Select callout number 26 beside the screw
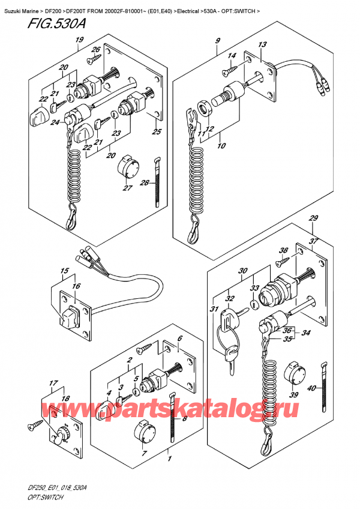(x=95, y=50)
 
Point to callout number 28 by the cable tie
(x=144, y=183)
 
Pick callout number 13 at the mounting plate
(x=262, y=45)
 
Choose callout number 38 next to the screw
(x=283, y=250)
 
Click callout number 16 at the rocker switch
(x=76, y=288)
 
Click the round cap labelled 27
(x=127, y=166)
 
